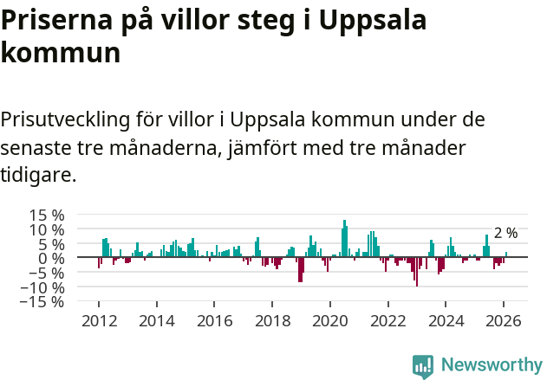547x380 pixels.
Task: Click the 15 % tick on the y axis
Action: click(x=45, y=215)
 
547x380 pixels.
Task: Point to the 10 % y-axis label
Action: click(x=45, y=229)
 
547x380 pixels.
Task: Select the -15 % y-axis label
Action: click(x=42, y=302)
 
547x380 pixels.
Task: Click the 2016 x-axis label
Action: click(x=214, y=320)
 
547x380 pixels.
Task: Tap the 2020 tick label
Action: click(x=329, y=320)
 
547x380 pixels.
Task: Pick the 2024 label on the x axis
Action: click(x=446, y=320)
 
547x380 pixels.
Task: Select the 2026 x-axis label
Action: click(x=504, y=320)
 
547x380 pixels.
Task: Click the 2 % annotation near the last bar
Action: click(x=505, y=233)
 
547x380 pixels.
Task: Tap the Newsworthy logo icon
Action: click(x=423, y=365)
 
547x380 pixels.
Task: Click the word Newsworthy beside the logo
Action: click(x=492, y=365)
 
